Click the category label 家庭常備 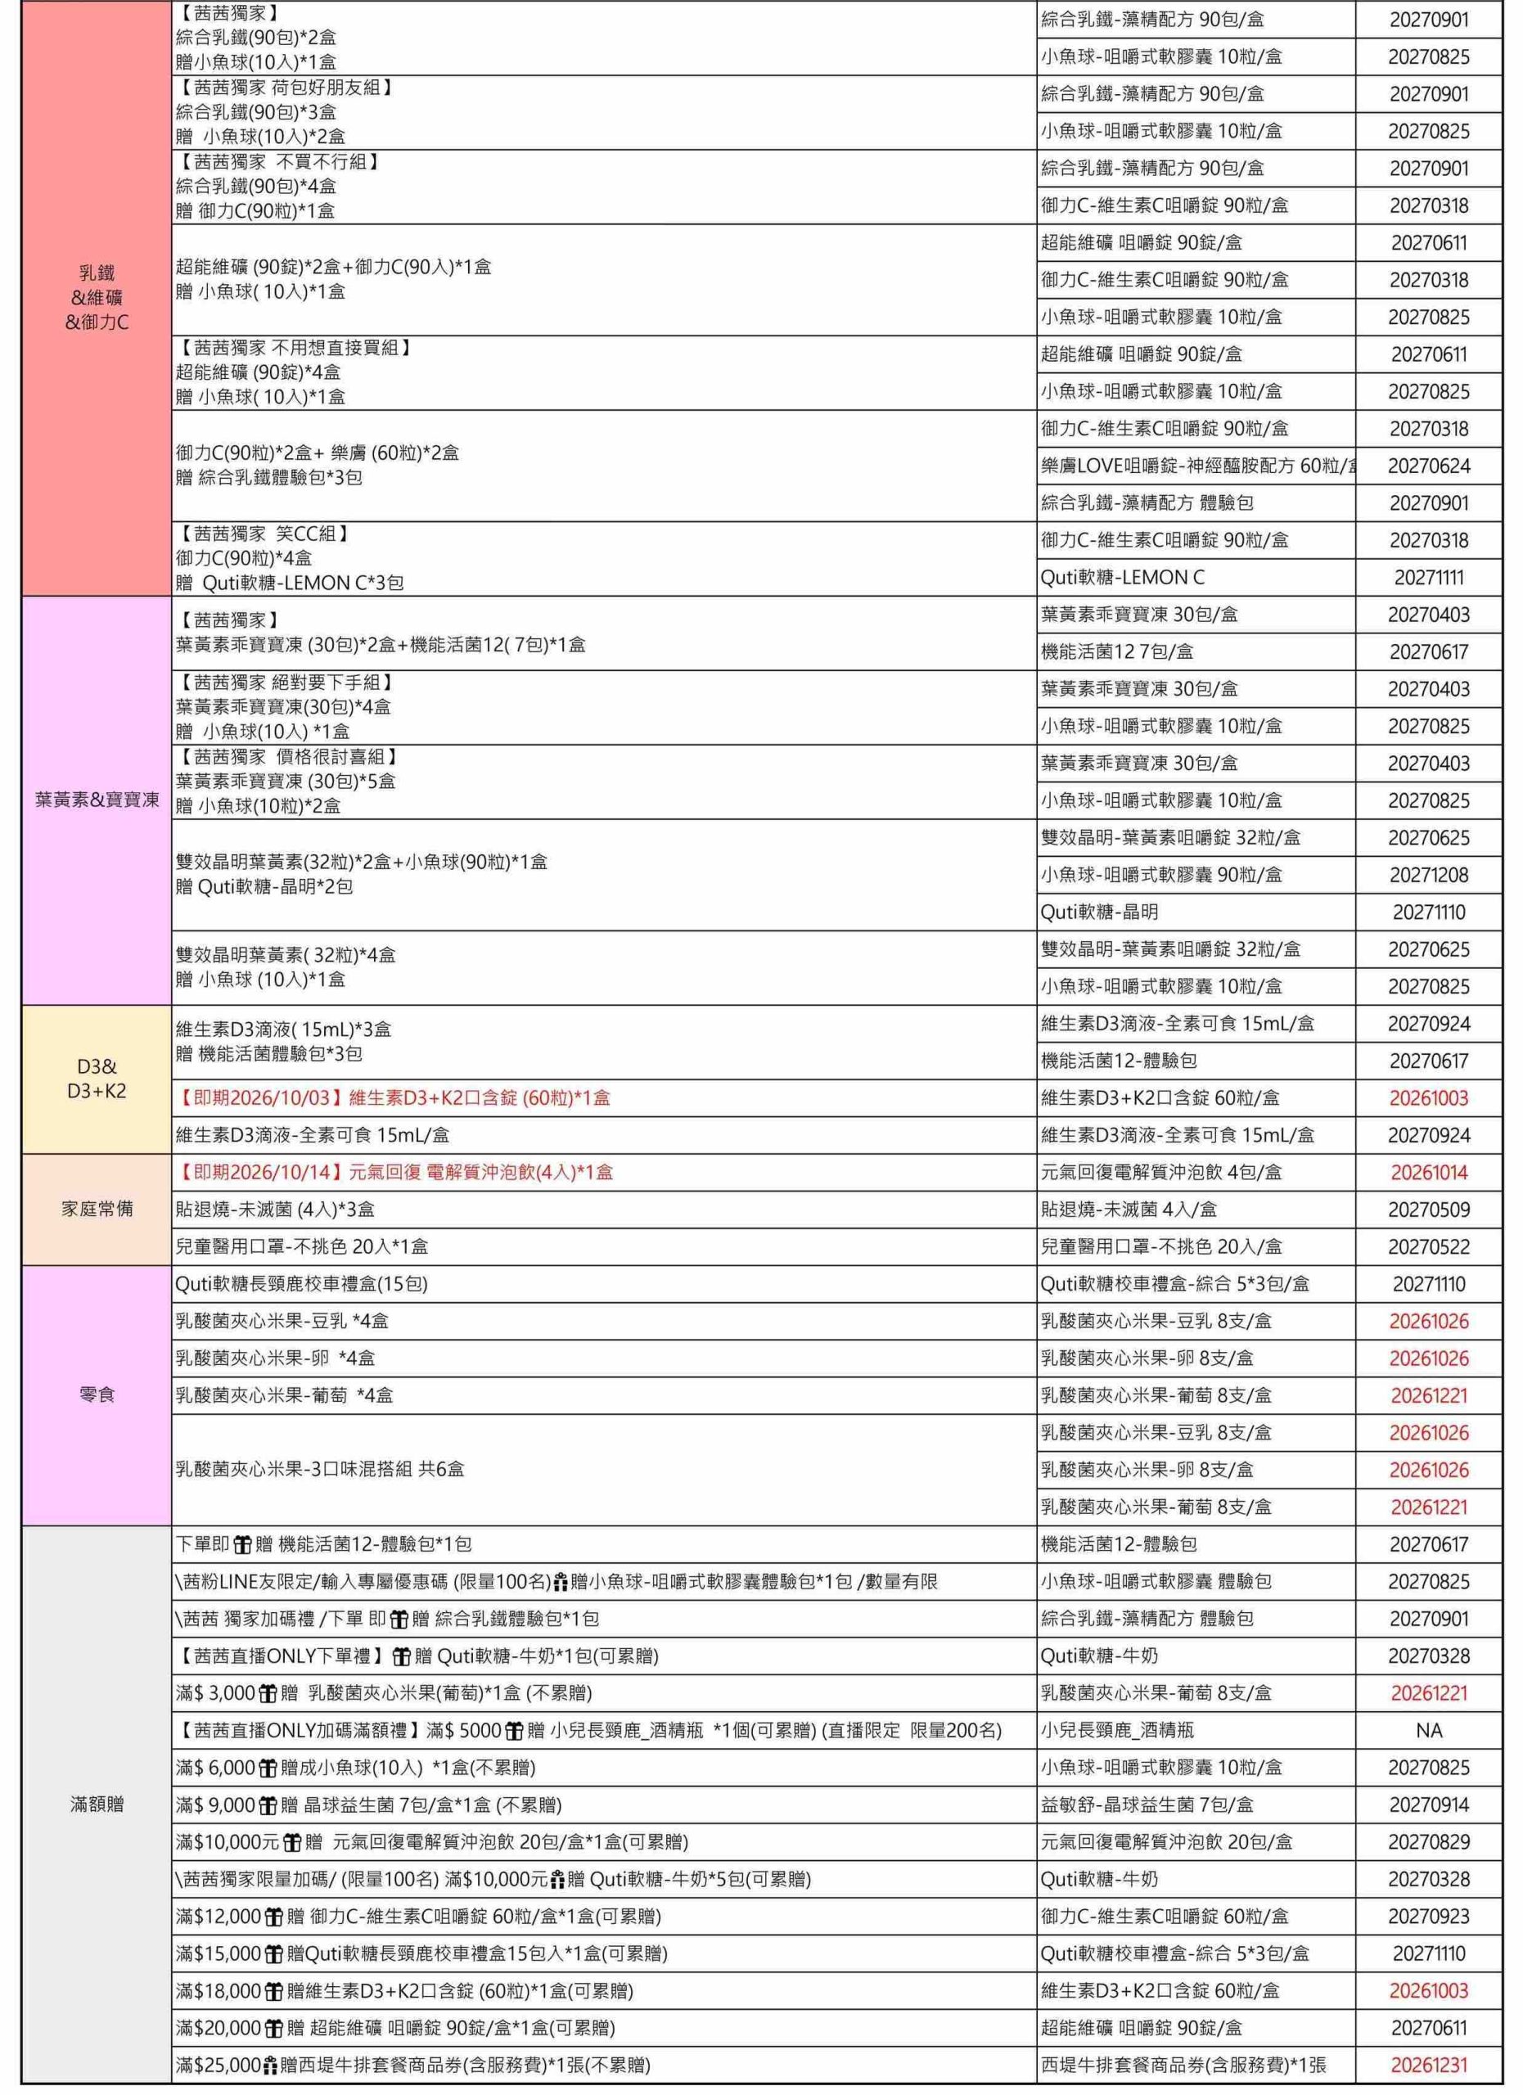click(x=97, y=1208)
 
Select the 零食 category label click(x=97, y=1394)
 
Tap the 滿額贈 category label click(x=97, y=1803)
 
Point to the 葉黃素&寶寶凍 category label click(x=97, y=799)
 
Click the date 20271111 click(x=1428, y=577)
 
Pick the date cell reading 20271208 click(x=1428, y=875)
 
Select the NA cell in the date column click(x=1428, y=1729)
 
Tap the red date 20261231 click(x=1428, y=2065)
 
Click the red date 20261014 click(x=1428, y=1172)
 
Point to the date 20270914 click(x=1428, y=1804)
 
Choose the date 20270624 click(x=1428, y=466)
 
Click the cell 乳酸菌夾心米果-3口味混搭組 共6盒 click(x=319, y=1469)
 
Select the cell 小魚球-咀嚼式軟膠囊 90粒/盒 click(x=1161, y=875)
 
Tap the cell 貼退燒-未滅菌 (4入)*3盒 click(x=275, y=1210)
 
